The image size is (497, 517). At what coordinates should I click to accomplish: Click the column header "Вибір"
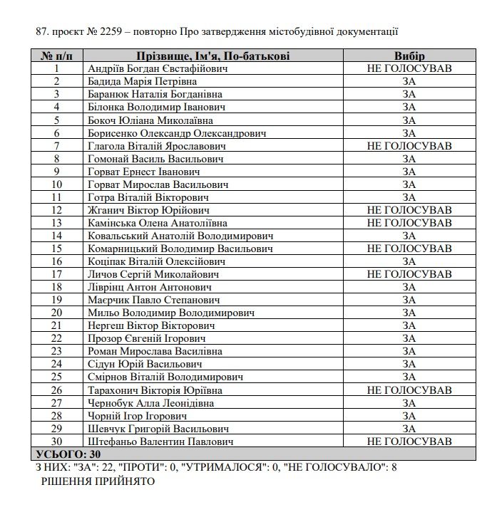[x=409, y=56]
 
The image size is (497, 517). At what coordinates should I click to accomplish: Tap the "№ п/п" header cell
[x=56, y=56]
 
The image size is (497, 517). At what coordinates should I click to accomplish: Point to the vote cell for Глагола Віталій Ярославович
[x=409, y=145]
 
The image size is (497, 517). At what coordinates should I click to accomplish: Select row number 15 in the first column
[x=56, y=249]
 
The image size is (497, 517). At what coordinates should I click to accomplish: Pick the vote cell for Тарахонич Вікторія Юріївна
[x=409, y=390]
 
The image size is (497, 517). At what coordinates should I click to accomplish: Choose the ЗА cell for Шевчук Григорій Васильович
[x=409, y=429]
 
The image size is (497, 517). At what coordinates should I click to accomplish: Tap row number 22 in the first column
[x=56, y=338]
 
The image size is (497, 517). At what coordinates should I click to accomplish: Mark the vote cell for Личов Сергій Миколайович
[x=409, y=274]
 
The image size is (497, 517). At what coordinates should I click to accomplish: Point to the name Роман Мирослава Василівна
[x=154, y=351]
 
